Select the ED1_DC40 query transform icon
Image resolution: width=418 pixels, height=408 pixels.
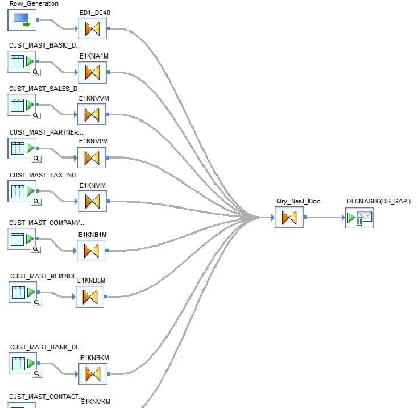[92, 28]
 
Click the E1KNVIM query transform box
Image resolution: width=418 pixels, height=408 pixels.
[92, 201]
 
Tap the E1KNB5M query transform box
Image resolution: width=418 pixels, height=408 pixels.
[90, 296]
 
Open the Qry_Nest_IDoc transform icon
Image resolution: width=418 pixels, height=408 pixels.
[289, 218]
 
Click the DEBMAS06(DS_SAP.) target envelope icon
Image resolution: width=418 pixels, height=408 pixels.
[359, 218]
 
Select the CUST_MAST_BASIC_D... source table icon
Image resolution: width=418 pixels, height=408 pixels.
[22, 61]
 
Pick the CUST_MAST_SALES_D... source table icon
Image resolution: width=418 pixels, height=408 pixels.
[22, 105]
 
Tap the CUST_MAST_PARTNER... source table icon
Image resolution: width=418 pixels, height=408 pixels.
[22, 148]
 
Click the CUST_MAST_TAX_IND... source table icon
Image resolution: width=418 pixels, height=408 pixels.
[22, 191]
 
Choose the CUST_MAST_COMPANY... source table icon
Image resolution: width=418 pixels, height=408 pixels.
[22, 238]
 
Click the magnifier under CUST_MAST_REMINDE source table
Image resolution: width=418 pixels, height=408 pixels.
[37, 303]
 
